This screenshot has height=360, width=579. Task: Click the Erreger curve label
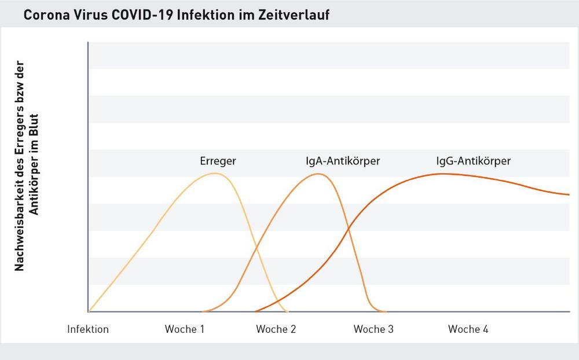pyautogui.click(x=218, y=161)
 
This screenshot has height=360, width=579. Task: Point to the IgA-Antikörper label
pyautogui.click(x=343, y=161)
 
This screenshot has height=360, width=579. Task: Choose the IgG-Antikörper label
pyautogui.click(x=473, y=161)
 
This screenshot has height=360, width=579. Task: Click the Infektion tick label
pyautogui.click(x=88, y=329)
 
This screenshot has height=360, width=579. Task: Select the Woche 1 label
pyautogui.click(x=185, y=329)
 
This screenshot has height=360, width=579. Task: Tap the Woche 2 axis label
pyautogui.click(x=276, y=329)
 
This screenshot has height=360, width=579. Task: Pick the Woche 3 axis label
pyautogui.click(x=373, y=329)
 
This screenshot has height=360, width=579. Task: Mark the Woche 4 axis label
pyautogui.click(x=468, y=329)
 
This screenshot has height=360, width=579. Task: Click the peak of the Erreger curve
pyautogui.click(x=215, y=173)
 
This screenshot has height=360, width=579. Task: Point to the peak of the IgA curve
pyautogui.click(x=318, y=174)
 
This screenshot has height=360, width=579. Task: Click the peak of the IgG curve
pyautogui.click(x=443, y=174)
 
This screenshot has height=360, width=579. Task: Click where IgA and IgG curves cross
pyautogui.click(x=349, y=229)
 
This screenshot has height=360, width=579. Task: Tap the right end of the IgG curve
pyautogui.click(x=569, y=194)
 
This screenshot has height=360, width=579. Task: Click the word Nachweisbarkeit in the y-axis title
pyautogui.click(x=20, y=226)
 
